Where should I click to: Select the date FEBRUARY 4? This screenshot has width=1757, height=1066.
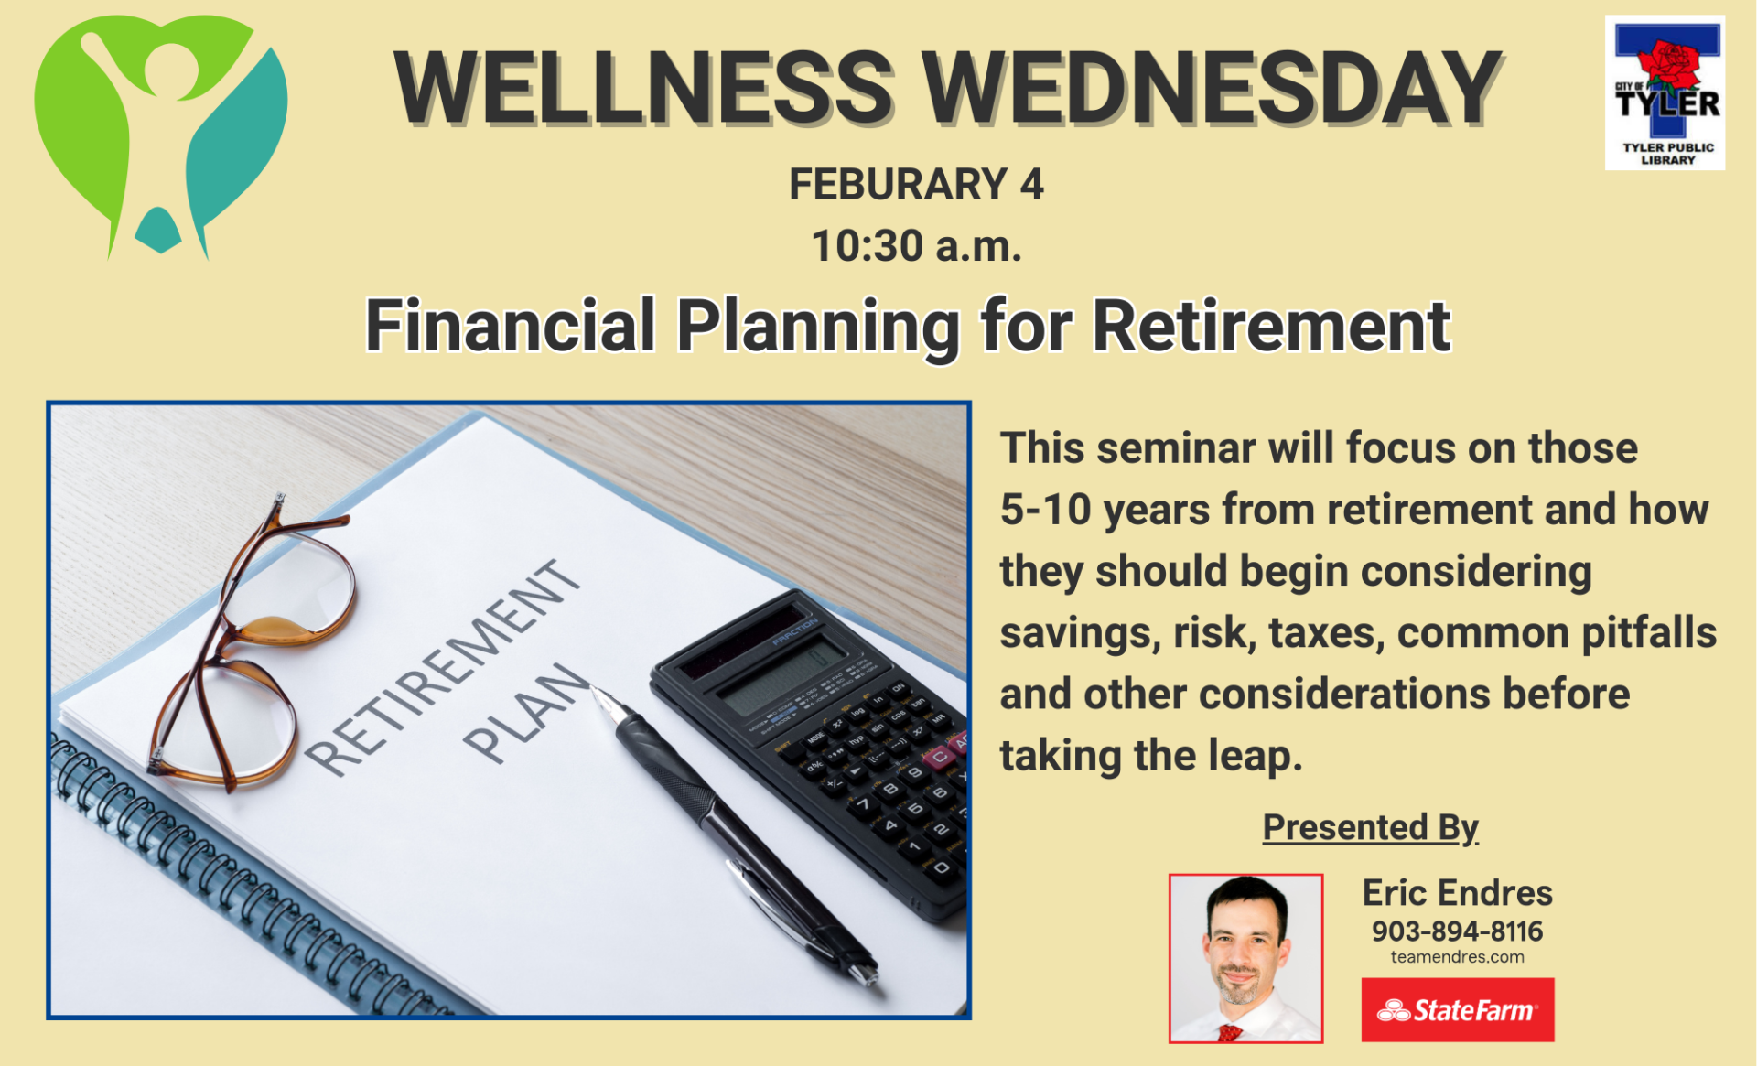916,185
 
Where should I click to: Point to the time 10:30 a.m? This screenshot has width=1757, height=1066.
916,246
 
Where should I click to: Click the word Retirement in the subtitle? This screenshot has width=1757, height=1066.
1271,326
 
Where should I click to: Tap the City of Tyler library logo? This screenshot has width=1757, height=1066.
1665,92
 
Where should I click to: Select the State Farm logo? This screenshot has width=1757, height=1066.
1457,1009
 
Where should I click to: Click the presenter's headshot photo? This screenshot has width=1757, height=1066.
1245,958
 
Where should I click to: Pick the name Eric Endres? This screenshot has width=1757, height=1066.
1457,892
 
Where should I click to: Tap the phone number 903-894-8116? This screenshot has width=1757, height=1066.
1457,931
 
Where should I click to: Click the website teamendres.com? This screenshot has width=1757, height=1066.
1457,957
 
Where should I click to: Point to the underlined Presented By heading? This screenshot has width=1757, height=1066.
1370,827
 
